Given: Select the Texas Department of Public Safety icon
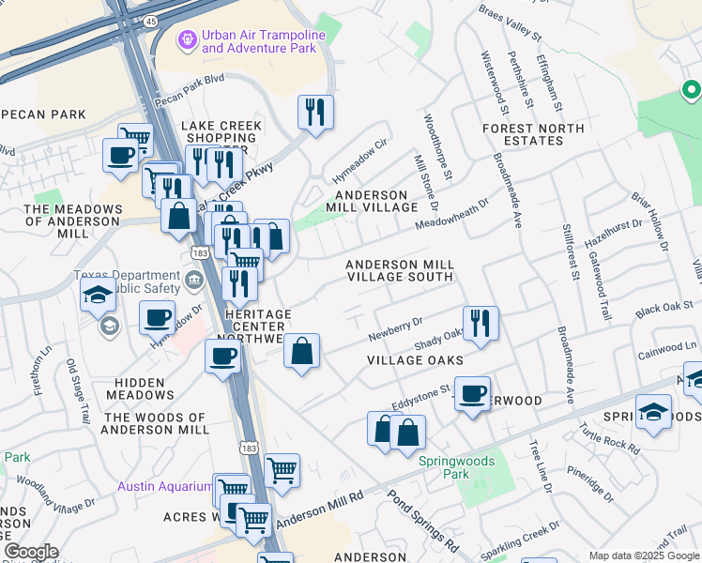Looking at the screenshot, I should pyautogui.click(x=194, y=278).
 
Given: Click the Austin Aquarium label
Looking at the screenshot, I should pyautogui.click(x=164, y=486).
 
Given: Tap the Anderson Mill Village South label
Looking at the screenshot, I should pyautogui.click(x=400, y=271).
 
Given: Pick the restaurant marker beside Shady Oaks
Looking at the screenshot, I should pyautogui.click(x=481, y=323).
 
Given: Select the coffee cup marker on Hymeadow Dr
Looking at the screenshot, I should pyautogui.click(x=157, y=316).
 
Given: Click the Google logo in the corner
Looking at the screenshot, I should pyautogui.click(x=31, y=552).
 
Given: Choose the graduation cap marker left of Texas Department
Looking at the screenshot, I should pyautogui.click(x=98, y=295).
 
